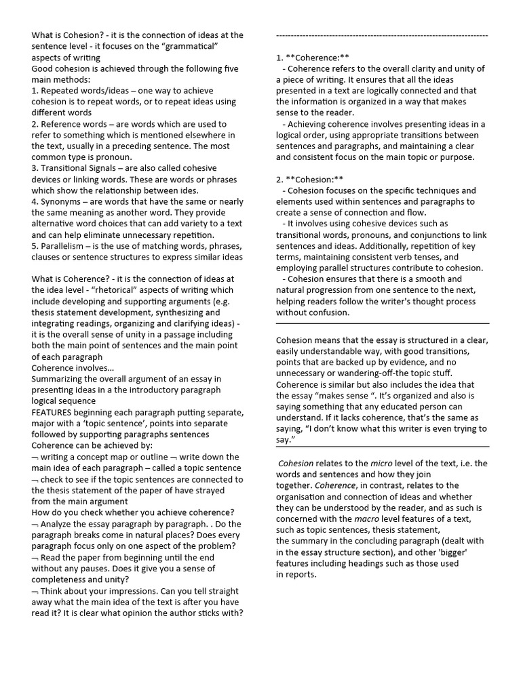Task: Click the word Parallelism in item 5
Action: [64, 245]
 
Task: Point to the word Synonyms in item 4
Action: [62, 201]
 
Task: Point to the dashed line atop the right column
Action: [382, 35]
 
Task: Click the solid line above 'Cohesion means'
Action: [382, 324]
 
